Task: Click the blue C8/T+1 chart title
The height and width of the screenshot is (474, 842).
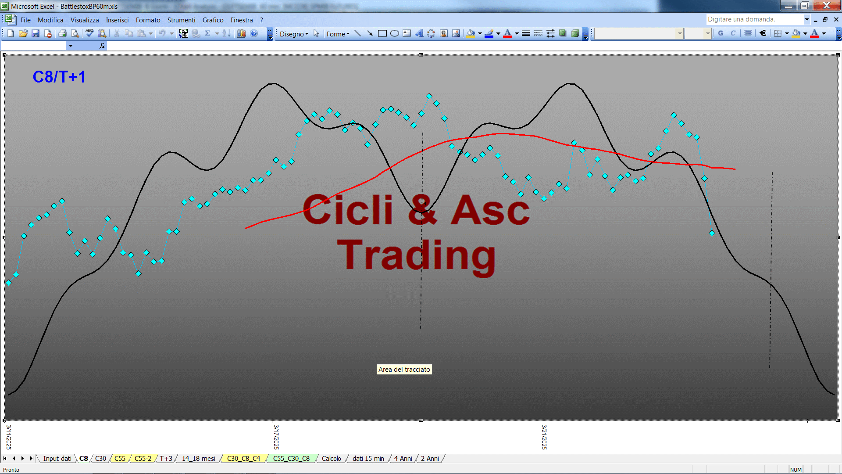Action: click(59, 77)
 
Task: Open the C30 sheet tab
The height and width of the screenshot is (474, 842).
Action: click(100, 459)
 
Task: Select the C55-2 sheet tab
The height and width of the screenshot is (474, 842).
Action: click(143, 459)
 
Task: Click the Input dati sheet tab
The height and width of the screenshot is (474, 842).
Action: click(57, 459)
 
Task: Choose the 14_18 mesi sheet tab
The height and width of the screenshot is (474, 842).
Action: click(198, 459)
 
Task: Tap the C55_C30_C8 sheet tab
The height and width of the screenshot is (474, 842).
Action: click(291, 459)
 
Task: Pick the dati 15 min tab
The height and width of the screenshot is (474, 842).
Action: click(368, 459)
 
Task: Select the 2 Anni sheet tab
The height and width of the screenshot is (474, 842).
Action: click(430, 459)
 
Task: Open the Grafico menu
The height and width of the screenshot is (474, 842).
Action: click(213, 20)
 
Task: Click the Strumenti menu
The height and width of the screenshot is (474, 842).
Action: click(181, 20)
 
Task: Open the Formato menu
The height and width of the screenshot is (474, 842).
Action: click(148, 20)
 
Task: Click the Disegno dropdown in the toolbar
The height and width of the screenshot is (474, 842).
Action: click(294, 34)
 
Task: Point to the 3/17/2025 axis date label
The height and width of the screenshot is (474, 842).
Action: click(276, 437)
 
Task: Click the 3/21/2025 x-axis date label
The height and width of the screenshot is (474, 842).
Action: click(544, 437)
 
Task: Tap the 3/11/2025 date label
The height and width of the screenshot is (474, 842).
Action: click(9, 437)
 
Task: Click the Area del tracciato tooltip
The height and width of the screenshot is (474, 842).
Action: click(404, 370)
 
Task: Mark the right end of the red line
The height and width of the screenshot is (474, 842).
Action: click(735, 169)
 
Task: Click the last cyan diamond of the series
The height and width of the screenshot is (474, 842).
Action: click(712, 233)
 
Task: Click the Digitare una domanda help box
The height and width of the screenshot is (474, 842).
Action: click(754, 19)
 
